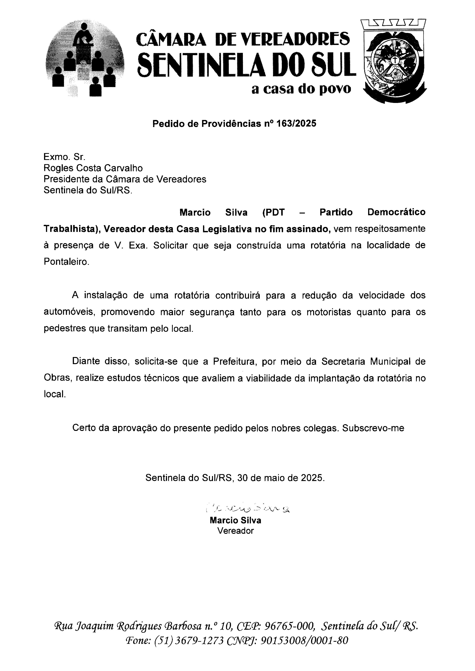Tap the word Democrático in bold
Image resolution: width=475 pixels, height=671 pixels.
[396, 212]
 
